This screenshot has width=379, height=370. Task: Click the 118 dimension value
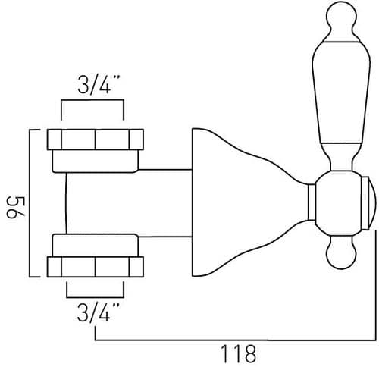pos(239,354)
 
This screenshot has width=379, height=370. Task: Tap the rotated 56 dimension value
pos(16,207)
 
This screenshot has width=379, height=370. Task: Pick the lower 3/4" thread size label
pos(99,312)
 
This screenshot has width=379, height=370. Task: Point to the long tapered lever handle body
pos(341,92)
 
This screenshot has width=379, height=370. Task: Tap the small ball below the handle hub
pos(341,254)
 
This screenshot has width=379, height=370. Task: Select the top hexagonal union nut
pos(96,140)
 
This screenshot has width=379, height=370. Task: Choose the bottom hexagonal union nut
pos(96,267)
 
